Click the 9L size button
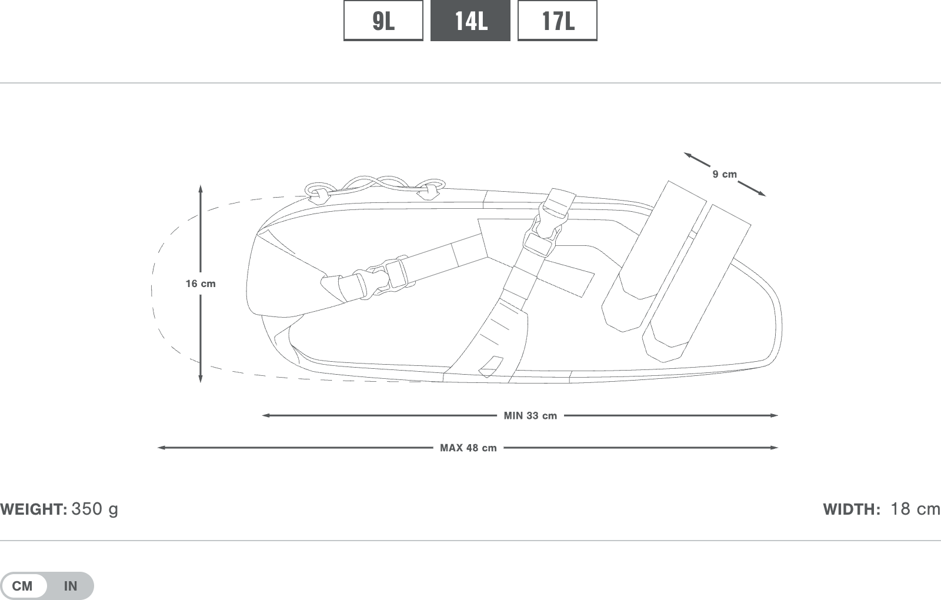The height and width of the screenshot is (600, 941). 383,20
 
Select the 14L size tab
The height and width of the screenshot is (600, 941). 470,20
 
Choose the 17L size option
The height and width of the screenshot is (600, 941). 558,20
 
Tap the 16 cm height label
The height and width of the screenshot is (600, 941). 201,284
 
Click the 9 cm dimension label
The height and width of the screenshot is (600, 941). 725,174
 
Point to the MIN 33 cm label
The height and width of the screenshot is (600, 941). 530,415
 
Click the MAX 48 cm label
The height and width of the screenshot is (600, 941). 468,448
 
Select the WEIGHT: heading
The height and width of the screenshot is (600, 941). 34,509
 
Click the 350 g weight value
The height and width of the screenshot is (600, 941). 95,509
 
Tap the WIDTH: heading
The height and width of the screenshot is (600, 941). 852,509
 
